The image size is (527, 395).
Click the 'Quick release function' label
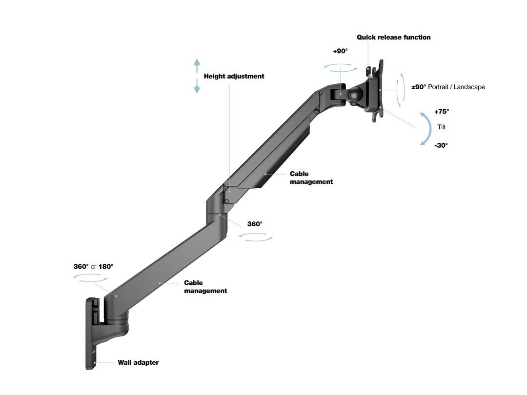coord(393,37)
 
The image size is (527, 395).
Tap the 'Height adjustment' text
coord(234,76)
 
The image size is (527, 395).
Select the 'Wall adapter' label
coord(138,362)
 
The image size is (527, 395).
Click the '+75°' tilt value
coord(442,111)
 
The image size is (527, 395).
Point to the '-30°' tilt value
coord(441,145)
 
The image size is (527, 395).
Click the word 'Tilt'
coord(442,127)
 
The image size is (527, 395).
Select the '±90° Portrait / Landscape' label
coord(448,87)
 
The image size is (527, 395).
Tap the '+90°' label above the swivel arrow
coord(340,51)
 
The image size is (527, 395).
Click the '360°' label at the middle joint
coord(255,224)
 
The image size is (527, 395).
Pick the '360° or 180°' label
coord(93,266)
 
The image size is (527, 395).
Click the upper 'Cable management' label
coord(311,178)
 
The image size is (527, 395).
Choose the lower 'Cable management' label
coord(205,287)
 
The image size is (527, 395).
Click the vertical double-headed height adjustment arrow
coord(197,76)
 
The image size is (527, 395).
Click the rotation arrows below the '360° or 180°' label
coord(90,277)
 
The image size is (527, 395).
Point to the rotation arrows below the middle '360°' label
coord(256,237)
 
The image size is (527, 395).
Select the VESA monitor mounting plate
coord(378,90)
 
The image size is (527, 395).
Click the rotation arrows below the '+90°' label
coord(340,68)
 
